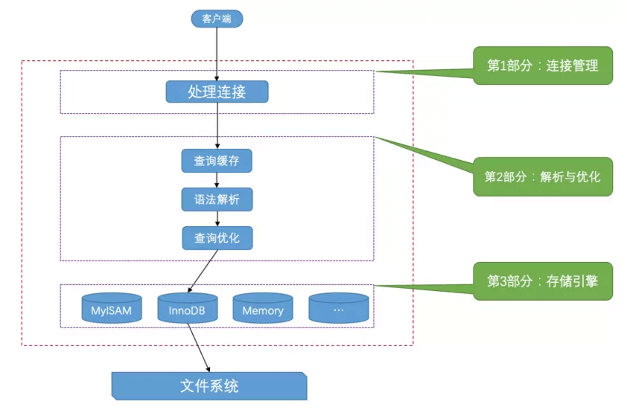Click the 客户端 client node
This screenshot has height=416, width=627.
pos(217,19)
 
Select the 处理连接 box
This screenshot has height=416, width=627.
pos(217,92)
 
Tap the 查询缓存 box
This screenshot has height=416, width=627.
pos(216,161)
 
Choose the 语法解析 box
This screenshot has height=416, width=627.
pos(217,200)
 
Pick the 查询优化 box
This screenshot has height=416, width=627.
pos(217,238)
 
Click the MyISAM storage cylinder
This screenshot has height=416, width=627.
pos(112,308)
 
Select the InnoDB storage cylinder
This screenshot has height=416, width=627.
pos(187,308)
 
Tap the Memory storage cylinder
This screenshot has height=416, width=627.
pos(263,308)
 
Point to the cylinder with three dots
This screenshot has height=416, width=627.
pos(339,308)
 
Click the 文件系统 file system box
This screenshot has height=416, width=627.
pos(209,386)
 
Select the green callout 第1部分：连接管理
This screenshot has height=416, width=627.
pos(543,65)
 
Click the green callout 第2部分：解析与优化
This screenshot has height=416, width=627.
pos(543,177)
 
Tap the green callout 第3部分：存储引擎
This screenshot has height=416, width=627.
pos(543,281)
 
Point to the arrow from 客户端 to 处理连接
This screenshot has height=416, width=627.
pos(216,54)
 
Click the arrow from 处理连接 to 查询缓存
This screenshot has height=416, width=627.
pos(217,126)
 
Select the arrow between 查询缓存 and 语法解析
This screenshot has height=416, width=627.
pos(216,180)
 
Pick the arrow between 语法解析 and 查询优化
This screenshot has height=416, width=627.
pos(217,219)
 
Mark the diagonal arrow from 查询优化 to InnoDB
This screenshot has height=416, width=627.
pos(203,271)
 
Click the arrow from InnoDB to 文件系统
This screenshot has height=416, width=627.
pos(199,348)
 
